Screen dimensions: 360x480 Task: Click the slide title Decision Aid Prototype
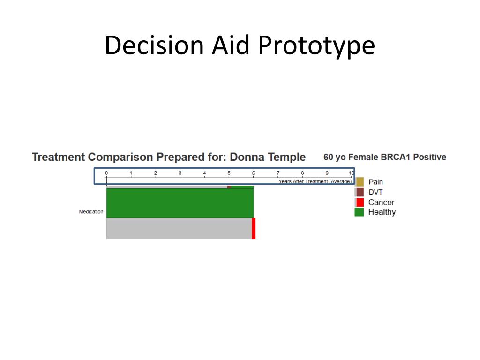coord(240,45)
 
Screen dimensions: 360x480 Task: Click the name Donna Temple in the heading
coord(268,157)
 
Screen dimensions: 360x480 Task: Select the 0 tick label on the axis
coord(106,173)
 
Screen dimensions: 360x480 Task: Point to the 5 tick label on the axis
coord(229,173)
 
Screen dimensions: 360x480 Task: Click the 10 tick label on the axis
coord(351,173)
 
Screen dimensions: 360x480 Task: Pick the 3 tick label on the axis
coord(180,173)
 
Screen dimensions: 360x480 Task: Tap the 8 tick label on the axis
coord(302,173)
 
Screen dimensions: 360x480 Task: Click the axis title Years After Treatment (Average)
coord(315,181)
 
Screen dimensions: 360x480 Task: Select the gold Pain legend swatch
coord(360,182)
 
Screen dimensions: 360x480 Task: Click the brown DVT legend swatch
coord(360,192)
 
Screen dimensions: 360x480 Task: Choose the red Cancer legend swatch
coord(360,202)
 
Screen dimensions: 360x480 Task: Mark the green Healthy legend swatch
coord(360,212)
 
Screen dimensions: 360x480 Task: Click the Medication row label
coord(91,212)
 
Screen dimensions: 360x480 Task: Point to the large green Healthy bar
coord(180,203)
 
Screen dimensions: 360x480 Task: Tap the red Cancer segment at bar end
coord(254,228)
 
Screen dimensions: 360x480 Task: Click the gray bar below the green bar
coord(179,228)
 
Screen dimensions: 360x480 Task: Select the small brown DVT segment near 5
coord(229,187)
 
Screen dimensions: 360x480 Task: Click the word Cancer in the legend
coord(381,202)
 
